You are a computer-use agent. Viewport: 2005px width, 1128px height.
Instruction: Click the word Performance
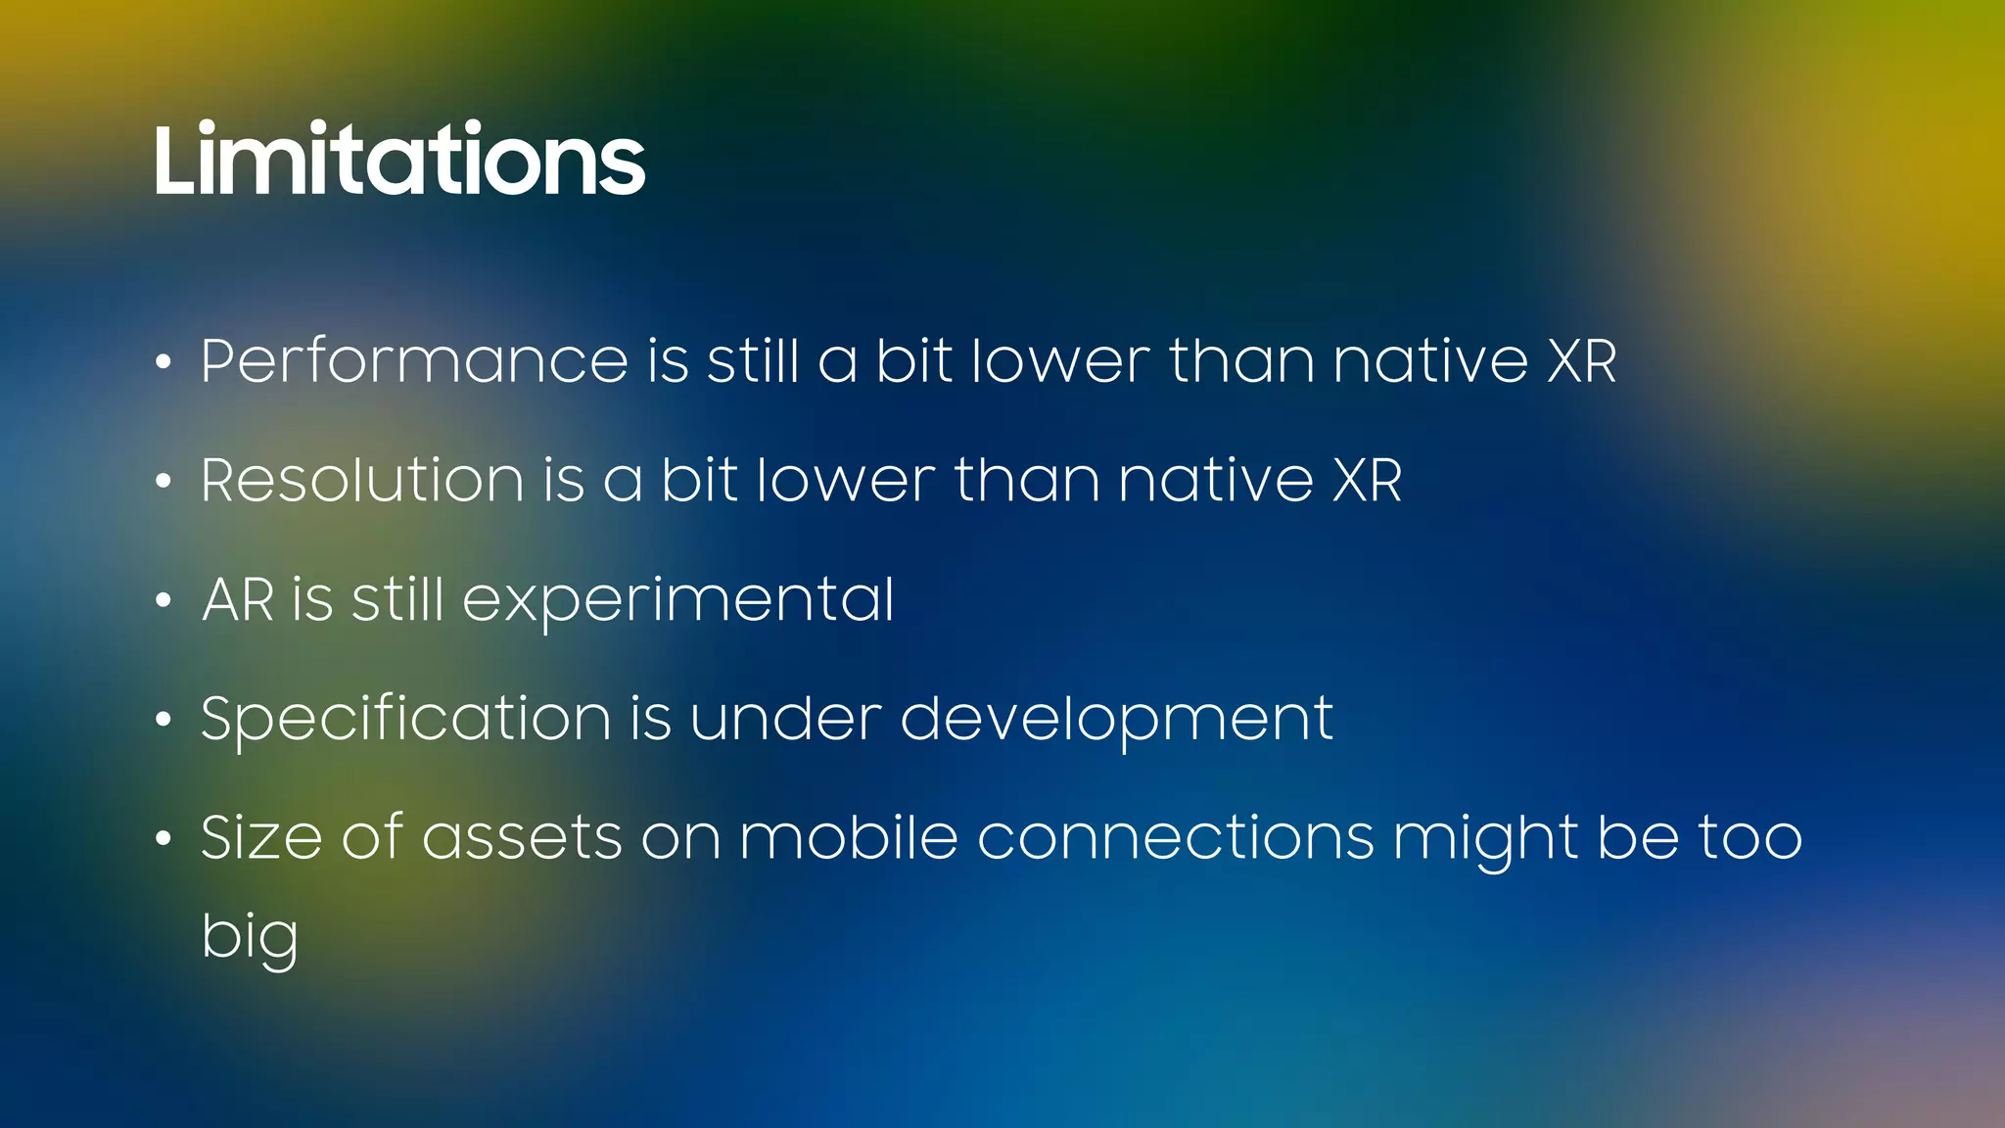point(414,361)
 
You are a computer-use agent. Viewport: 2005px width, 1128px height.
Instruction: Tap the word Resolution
point(362,481)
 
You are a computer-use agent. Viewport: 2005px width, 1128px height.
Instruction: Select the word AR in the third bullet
point(237,599)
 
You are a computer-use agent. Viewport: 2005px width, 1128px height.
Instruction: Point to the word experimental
point(677,601)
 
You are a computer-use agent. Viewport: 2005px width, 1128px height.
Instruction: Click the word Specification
point(405,720)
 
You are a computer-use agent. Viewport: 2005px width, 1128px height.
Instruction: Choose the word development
point(1116,720)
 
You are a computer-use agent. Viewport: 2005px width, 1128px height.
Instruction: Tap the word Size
point(260,838)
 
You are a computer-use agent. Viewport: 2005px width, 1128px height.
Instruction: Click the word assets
point(522,838)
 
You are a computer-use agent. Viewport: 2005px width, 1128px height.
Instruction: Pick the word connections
point(1175,838)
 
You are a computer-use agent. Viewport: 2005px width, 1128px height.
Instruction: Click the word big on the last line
point(250,938)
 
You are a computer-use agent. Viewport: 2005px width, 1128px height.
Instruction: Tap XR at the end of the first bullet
point(1582,361)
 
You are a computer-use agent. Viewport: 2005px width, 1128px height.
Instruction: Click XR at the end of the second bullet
point(1368,481)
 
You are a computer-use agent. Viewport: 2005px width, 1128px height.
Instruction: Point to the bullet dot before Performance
point(163,363)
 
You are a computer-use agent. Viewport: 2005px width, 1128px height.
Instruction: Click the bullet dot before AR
point(163,601)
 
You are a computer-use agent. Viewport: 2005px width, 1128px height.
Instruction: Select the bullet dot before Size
point(163,839)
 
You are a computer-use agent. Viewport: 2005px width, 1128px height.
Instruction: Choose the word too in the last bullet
point(1749,838)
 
